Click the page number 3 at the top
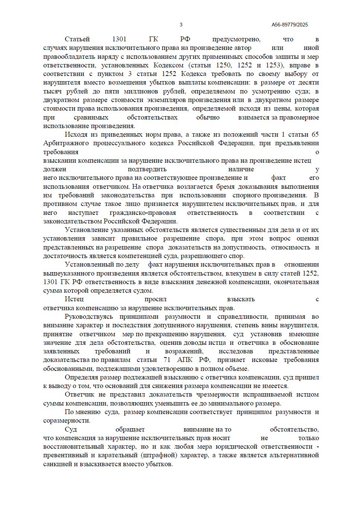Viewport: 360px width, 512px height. pos(181,25)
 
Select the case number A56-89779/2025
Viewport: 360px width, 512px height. pos(290,25)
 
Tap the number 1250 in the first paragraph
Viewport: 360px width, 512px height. pos(223,65)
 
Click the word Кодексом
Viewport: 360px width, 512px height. pos(168,65)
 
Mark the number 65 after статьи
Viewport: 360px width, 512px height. pos(315,134)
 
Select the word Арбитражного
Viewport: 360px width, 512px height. pos(66,143)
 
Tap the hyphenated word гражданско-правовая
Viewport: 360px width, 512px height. pos(143,213)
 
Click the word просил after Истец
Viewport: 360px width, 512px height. pos(155,299)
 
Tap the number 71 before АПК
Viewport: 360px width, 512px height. pos(167,360)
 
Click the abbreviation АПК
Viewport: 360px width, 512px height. pos(185,360)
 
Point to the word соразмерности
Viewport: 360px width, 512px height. pos(66,420)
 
